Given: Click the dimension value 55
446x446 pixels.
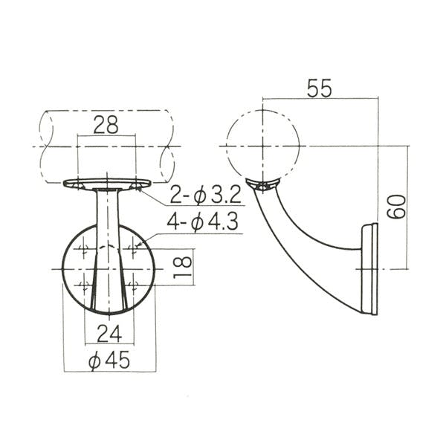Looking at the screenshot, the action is click(x=319, y=88).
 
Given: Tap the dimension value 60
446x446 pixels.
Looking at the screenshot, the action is click(x=396, y=207).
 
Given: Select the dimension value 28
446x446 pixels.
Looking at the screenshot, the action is click(x=106, y=125).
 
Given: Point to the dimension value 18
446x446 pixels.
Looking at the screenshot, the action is click(x=182, y=268).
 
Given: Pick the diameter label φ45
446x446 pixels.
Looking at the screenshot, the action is click(x=109, y=361).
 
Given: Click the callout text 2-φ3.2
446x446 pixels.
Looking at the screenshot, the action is click(x=205, y=195).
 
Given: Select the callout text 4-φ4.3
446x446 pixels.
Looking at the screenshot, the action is click(x=202, y=222).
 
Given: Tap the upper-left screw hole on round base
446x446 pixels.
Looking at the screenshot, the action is click(x=83, y=249).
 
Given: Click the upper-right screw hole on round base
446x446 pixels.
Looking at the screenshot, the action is click(x=133, y=249).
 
